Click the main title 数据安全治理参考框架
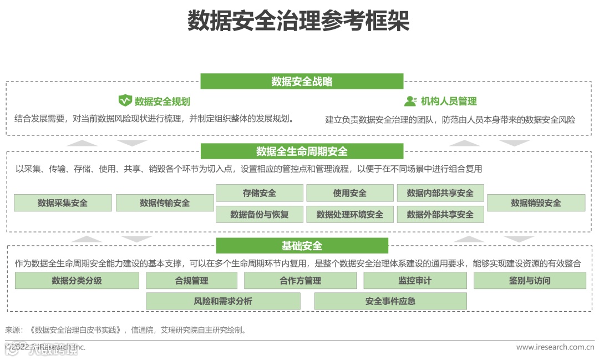click(x=298, y=22)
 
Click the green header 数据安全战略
click(x=302, y=82)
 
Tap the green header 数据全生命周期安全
click(x=302, y=151)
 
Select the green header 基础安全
click(x=302, y=246)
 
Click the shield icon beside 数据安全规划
click(x=125, y=101)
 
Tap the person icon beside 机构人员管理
click(x=410, y=101)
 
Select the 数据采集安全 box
click(x=63, y=203)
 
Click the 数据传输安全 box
click(x=165, y=203)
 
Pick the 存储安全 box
click(x=259, y=193)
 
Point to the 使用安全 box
click(x=349, y=193)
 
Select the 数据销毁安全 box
click(x=536, y=203)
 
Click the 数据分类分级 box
click(x=77, y=281)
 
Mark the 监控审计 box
click(x=415, y=281)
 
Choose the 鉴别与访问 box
click(x=530, y=281)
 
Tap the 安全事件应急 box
click(x=390, y=301)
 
